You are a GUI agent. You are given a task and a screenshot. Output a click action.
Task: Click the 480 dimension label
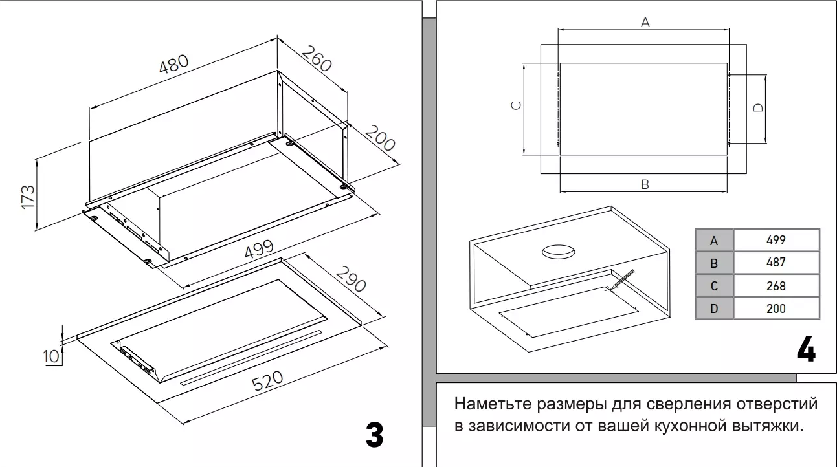[174, 65]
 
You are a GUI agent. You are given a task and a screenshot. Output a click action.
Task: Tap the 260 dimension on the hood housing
[317, 59]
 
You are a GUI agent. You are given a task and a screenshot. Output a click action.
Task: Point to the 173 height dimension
[28, 197]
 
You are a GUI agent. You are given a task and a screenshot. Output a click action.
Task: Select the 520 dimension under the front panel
[267, 380]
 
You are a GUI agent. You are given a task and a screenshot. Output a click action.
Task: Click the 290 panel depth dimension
[350, 277]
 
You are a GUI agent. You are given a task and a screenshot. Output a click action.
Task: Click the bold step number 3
[374, 435]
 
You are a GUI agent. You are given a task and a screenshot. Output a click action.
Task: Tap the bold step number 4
[805, 350]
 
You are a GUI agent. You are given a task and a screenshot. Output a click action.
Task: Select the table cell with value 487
[776, 263]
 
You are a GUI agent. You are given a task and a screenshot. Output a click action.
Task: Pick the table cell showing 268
[776, 285]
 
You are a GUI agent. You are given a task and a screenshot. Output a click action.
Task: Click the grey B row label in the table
[714, 263]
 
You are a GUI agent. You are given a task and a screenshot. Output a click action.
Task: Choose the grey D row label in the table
[714, 309]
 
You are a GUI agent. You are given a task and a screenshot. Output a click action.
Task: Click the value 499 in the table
[776, 240]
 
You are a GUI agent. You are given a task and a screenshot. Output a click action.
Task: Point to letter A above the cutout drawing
[645, 23]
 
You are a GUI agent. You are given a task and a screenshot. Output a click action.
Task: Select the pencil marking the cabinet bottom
[622, 279]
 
